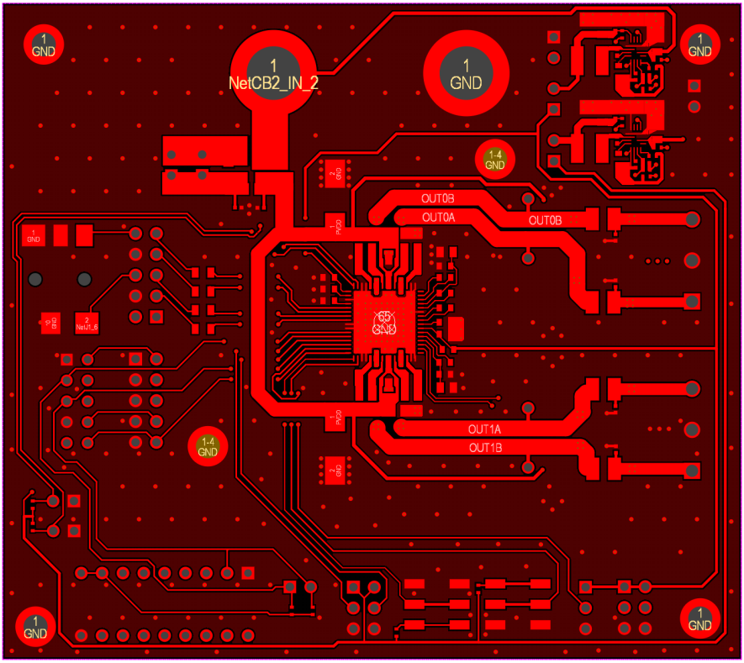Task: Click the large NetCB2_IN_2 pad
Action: point(272,72)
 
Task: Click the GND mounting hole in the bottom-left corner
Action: point(35,624)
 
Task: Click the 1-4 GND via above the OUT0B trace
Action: point(494,160)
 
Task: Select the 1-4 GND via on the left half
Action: point(208,445)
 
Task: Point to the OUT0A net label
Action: point(438,217)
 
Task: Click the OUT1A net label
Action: point(485,429)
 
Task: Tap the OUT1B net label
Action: point(485,448)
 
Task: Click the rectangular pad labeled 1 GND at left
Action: point(34,236)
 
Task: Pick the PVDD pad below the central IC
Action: point(334,418)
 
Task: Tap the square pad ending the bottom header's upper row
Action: point(247,573)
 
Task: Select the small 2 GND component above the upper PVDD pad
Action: point(335,172)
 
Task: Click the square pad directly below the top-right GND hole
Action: point(694,86)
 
